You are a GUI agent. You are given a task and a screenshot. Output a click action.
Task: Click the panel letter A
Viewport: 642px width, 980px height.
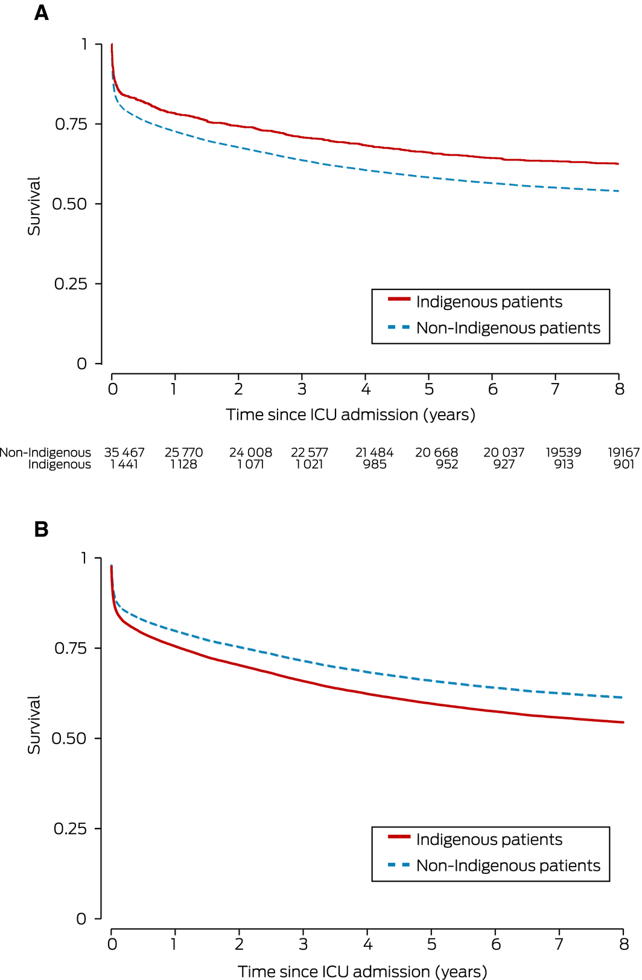point(41,13)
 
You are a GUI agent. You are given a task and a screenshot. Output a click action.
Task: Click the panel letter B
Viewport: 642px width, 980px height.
point(41,529)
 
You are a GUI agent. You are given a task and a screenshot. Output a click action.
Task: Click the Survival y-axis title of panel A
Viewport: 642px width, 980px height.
point(34,206)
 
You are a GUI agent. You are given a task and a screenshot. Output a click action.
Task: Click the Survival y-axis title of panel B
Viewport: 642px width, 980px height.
point(34,724)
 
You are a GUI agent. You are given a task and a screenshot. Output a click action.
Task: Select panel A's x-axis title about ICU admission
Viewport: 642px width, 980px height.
point(351,415)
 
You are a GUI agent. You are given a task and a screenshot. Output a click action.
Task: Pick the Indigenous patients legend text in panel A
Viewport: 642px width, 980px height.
point(489,302)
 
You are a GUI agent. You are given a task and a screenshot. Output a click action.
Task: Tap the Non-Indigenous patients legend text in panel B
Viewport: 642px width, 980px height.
point(508,866)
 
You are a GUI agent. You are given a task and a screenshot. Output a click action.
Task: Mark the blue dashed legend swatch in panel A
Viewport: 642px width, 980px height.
point(399,327)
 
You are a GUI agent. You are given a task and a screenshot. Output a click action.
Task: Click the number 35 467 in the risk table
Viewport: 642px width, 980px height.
point(124,452)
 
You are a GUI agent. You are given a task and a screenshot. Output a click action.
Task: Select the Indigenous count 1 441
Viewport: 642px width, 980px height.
point(124,464)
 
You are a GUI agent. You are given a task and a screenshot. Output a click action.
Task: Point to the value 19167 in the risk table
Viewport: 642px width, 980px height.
point(623,452)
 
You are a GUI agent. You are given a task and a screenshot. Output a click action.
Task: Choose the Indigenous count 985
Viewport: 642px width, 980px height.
point(375,464)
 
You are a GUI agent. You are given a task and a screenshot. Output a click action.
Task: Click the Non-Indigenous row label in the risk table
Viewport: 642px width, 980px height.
point(45,452)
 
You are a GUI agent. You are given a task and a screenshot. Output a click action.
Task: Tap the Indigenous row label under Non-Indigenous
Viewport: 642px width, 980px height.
point(59,464)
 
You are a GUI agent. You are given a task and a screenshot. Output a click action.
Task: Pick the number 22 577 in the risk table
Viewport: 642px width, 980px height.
point(310,452)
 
